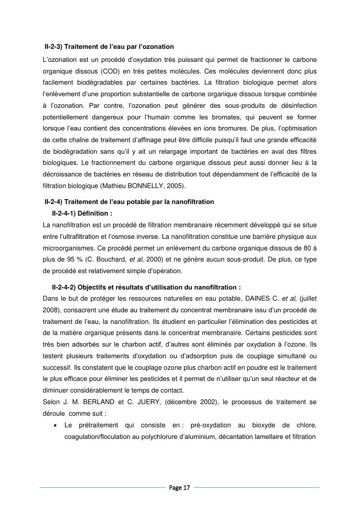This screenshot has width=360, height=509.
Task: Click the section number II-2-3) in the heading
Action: click(x=53, y=47)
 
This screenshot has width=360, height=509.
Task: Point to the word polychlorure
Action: click(x=143, y=437)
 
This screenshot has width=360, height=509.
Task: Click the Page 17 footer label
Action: click(x=179, y=488)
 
